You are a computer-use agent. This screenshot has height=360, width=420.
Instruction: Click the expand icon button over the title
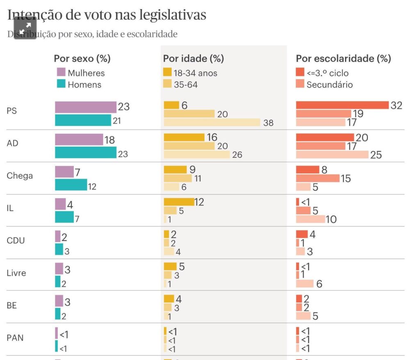coord(25,28)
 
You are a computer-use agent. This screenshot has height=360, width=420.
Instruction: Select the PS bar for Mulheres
coord(86,107)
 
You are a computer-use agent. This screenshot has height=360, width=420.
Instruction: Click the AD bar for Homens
coord(86,152)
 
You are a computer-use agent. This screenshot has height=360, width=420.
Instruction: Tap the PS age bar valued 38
coord(212,122)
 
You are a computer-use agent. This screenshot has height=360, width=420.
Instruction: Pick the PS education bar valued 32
coord(342,105)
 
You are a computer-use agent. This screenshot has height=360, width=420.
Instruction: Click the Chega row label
coord(20,176)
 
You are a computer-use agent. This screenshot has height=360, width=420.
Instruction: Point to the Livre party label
coord(16,273)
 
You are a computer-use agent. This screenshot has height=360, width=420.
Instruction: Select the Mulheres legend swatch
coord(61,72)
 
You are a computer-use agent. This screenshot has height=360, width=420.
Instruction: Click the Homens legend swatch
coord(61,84)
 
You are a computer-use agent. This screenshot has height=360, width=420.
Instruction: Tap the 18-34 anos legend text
coord(196,73)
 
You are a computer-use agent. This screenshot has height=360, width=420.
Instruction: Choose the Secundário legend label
coord(330,85)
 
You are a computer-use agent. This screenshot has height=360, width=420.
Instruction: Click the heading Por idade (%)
coord(194,58)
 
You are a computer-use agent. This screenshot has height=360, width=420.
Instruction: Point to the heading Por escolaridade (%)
coord(343,58)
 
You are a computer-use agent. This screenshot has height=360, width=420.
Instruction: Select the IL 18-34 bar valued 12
coord(179,202)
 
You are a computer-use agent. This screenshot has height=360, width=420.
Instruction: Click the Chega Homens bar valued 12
coord(71,185)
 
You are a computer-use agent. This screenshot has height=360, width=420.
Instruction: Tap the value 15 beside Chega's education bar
coord(346,179)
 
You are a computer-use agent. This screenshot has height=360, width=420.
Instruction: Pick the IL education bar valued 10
coord(310,219)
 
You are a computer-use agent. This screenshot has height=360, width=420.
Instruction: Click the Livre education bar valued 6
coord(305,283)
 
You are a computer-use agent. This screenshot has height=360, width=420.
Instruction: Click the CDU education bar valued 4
coord(302,234)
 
